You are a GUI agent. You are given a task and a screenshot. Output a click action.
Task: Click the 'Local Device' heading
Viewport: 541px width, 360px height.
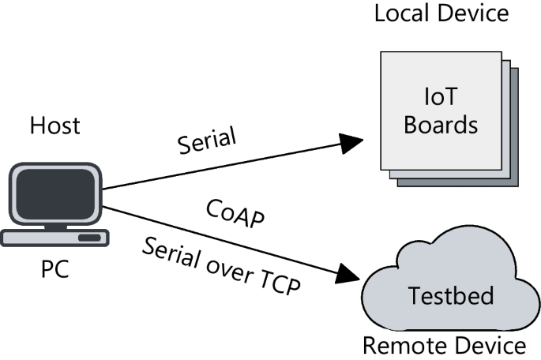(441, 13)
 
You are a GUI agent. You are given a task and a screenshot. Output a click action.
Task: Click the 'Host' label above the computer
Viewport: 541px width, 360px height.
(54, 126)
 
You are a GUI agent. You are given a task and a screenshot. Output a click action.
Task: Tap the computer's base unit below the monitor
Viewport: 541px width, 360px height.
(54, 237)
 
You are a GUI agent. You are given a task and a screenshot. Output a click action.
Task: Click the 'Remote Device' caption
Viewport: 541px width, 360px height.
(443, 345)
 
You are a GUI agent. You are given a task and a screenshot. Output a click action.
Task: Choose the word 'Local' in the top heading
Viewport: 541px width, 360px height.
(400, 13)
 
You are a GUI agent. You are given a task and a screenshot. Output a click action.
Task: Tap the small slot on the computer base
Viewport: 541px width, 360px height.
(88, 237)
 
